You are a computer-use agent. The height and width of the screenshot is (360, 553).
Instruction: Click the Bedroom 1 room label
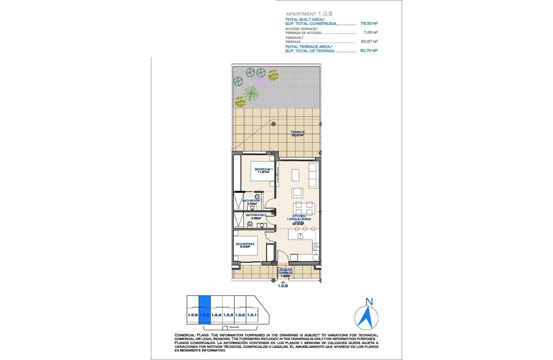[263, 170]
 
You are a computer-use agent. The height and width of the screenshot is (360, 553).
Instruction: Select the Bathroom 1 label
[252, 202]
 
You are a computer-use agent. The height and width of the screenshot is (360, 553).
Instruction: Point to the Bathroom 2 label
[256, 216]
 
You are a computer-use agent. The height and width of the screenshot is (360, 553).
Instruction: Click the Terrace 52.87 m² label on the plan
[298, 133]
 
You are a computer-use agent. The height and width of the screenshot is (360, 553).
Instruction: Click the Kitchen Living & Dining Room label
[298, 219]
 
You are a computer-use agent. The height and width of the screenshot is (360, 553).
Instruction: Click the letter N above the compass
[368, 301]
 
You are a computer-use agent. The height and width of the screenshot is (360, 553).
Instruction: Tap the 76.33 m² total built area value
[369, 24]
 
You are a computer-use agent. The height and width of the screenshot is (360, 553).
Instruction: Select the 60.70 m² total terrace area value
[369, 51]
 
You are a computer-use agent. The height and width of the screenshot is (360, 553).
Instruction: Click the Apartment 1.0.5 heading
[303, 14]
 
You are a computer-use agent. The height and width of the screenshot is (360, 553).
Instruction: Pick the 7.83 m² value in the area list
[370, 32]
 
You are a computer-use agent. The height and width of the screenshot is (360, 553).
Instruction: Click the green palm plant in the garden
[250, 92]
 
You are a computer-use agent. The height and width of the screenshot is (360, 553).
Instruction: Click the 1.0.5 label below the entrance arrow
[283, 286]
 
